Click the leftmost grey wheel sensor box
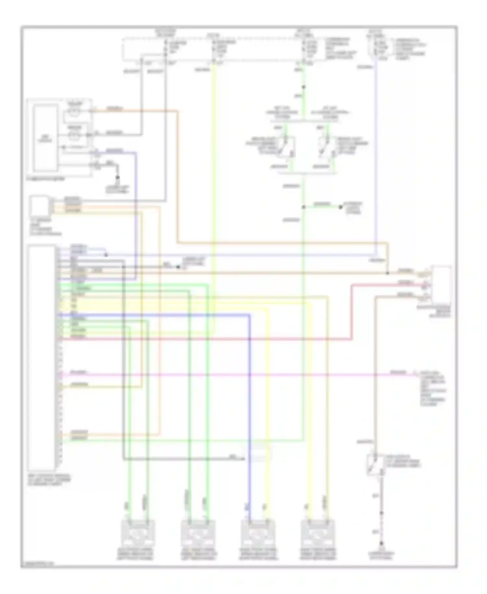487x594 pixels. (138, 533)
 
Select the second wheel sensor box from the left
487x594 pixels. (197, 533)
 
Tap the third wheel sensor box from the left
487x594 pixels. (258, 533)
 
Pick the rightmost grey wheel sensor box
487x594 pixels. (318, 533)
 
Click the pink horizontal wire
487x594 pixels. (227, 375)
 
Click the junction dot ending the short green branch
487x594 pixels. (341, 207)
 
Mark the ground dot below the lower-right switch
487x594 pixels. (381, 543)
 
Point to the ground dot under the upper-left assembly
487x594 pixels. (118, 178)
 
